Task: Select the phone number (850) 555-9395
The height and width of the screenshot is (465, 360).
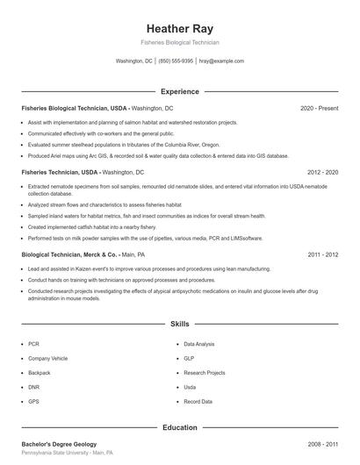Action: pos(176,61)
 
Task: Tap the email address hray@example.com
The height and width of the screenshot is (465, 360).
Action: pos(221,61)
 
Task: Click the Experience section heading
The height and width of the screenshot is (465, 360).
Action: pos(180,91)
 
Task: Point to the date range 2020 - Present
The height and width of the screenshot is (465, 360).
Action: pos(319,108)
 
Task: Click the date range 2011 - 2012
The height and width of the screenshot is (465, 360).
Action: pos(322,254)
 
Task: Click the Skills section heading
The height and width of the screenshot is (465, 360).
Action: pos(180,324)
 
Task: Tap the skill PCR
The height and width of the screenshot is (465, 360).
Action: pos(33,345)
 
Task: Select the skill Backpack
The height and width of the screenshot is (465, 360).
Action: pos(38,373)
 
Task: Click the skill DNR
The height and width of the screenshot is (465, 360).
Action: pos(33,387)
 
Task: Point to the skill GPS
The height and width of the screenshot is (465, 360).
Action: pos(33,401)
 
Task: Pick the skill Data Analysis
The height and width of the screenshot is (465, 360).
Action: pos(199,345)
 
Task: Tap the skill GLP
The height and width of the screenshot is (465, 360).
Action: pos(190,359)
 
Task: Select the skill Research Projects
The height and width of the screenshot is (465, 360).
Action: pos(205,373)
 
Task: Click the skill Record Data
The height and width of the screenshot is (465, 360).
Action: pos(198,401)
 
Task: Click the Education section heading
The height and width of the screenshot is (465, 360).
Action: pos(180,427)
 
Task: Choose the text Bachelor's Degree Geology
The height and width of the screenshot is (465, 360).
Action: pos(59,445)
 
